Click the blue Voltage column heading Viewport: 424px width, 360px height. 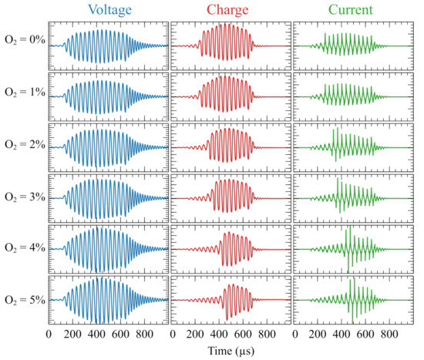click(x=108, y=10)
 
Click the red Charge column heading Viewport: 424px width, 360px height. click(x=231, y=10)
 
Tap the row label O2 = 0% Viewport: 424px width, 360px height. click(x=23, y=46)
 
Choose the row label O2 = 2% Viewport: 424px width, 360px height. click(x=23, y=147)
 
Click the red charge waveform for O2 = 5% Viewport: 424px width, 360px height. click(x=231, y=299)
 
